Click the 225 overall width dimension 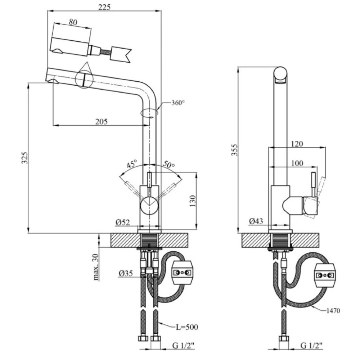pos(104,7)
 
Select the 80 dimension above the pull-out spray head pos(73,22)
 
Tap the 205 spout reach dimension pos(102,121)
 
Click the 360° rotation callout pos(178,103)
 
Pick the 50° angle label pos(169,164)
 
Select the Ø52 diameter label pos(123,222)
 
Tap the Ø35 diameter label pos(126,273)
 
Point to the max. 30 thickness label pos(96,267)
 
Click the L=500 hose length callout pos(187,327)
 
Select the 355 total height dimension pos(234,150)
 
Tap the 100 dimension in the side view pos(297,163)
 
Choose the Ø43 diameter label pos(256,221)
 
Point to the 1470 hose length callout pos(333,311)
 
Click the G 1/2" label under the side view pos(311,345)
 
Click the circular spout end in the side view pos(280,75)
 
